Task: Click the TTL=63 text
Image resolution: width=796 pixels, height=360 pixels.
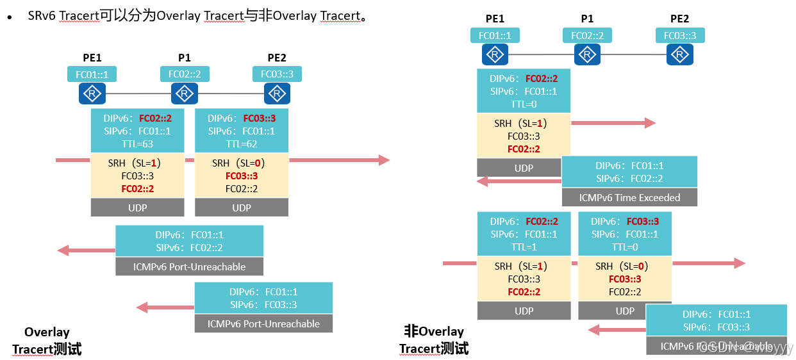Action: [x=137, y=144]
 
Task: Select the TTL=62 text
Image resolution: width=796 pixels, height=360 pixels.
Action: [x=242, y=144]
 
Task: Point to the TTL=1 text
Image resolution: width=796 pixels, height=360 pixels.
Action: [x=524, y=247]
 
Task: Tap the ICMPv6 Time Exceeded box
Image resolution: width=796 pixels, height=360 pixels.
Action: [x=629, y=197]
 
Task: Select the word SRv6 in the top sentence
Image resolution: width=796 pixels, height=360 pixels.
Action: [x=42, y=16]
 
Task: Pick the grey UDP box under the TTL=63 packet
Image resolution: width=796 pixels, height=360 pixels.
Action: [x=137, y=208]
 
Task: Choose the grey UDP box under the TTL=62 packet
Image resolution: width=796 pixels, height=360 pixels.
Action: [x=242, y=208]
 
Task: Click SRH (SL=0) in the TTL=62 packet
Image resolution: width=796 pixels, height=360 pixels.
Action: [x=238, y=163]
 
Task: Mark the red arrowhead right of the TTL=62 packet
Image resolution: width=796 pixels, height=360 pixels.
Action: [x=384, y=160]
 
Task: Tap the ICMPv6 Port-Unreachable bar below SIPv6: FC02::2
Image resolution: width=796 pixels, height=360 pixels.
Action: [x=189, y=266]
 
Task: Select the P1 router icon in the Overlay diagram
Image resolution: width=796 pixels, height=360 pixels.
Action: [x=185, y=95]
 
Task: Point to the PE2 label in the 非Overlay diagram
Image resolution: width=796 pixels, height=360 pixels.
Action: [x=679, y=19]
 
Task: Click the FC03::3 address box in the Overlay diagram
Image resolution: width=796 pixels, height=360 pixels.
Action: [x=277, y=74]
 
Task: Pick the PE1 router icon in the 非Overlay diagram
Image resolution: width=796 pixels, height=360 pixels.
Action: [x=495, y=55]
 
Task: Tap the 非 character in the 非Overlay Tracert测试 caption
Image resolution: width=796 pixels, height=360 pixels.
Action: [x=410, y=331]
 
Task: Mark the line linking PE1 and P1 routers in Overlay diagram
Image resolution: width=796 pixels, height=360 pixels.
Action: [x=138, y=95]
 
